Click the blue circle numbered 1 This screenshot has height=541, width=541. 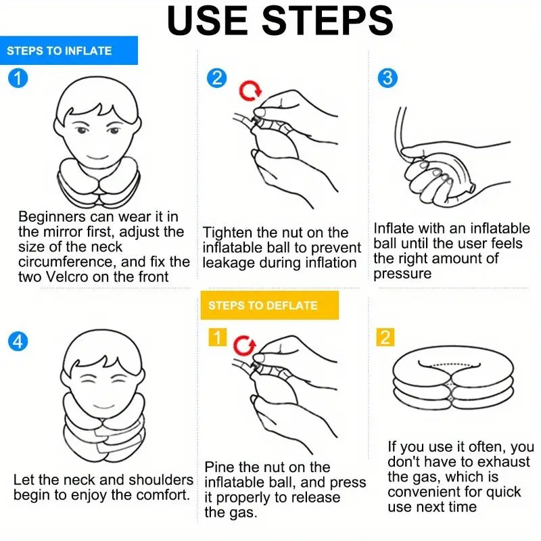(18, 78)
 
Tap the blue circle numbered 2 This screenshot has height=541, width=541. (216, 78)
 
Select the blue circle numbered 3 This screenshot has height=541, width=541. (387, 78)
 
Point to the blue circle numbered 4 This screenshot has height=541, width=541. (18, 342)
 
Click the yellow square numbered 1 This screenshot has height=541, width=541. (217, 337)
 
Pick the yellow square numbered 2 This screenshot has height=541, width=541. (385, 337)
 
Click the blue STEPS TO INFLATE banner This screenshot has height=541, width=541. (69, 50)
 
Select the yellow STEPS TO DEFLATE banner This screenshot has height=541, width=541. (269, 306)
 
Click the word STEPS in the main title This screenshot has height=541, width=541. (327, 20)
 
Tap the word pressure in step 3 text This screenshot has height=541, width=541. (402, 275)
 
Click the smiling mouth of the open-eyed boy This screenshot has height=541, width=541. (97, 158)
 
